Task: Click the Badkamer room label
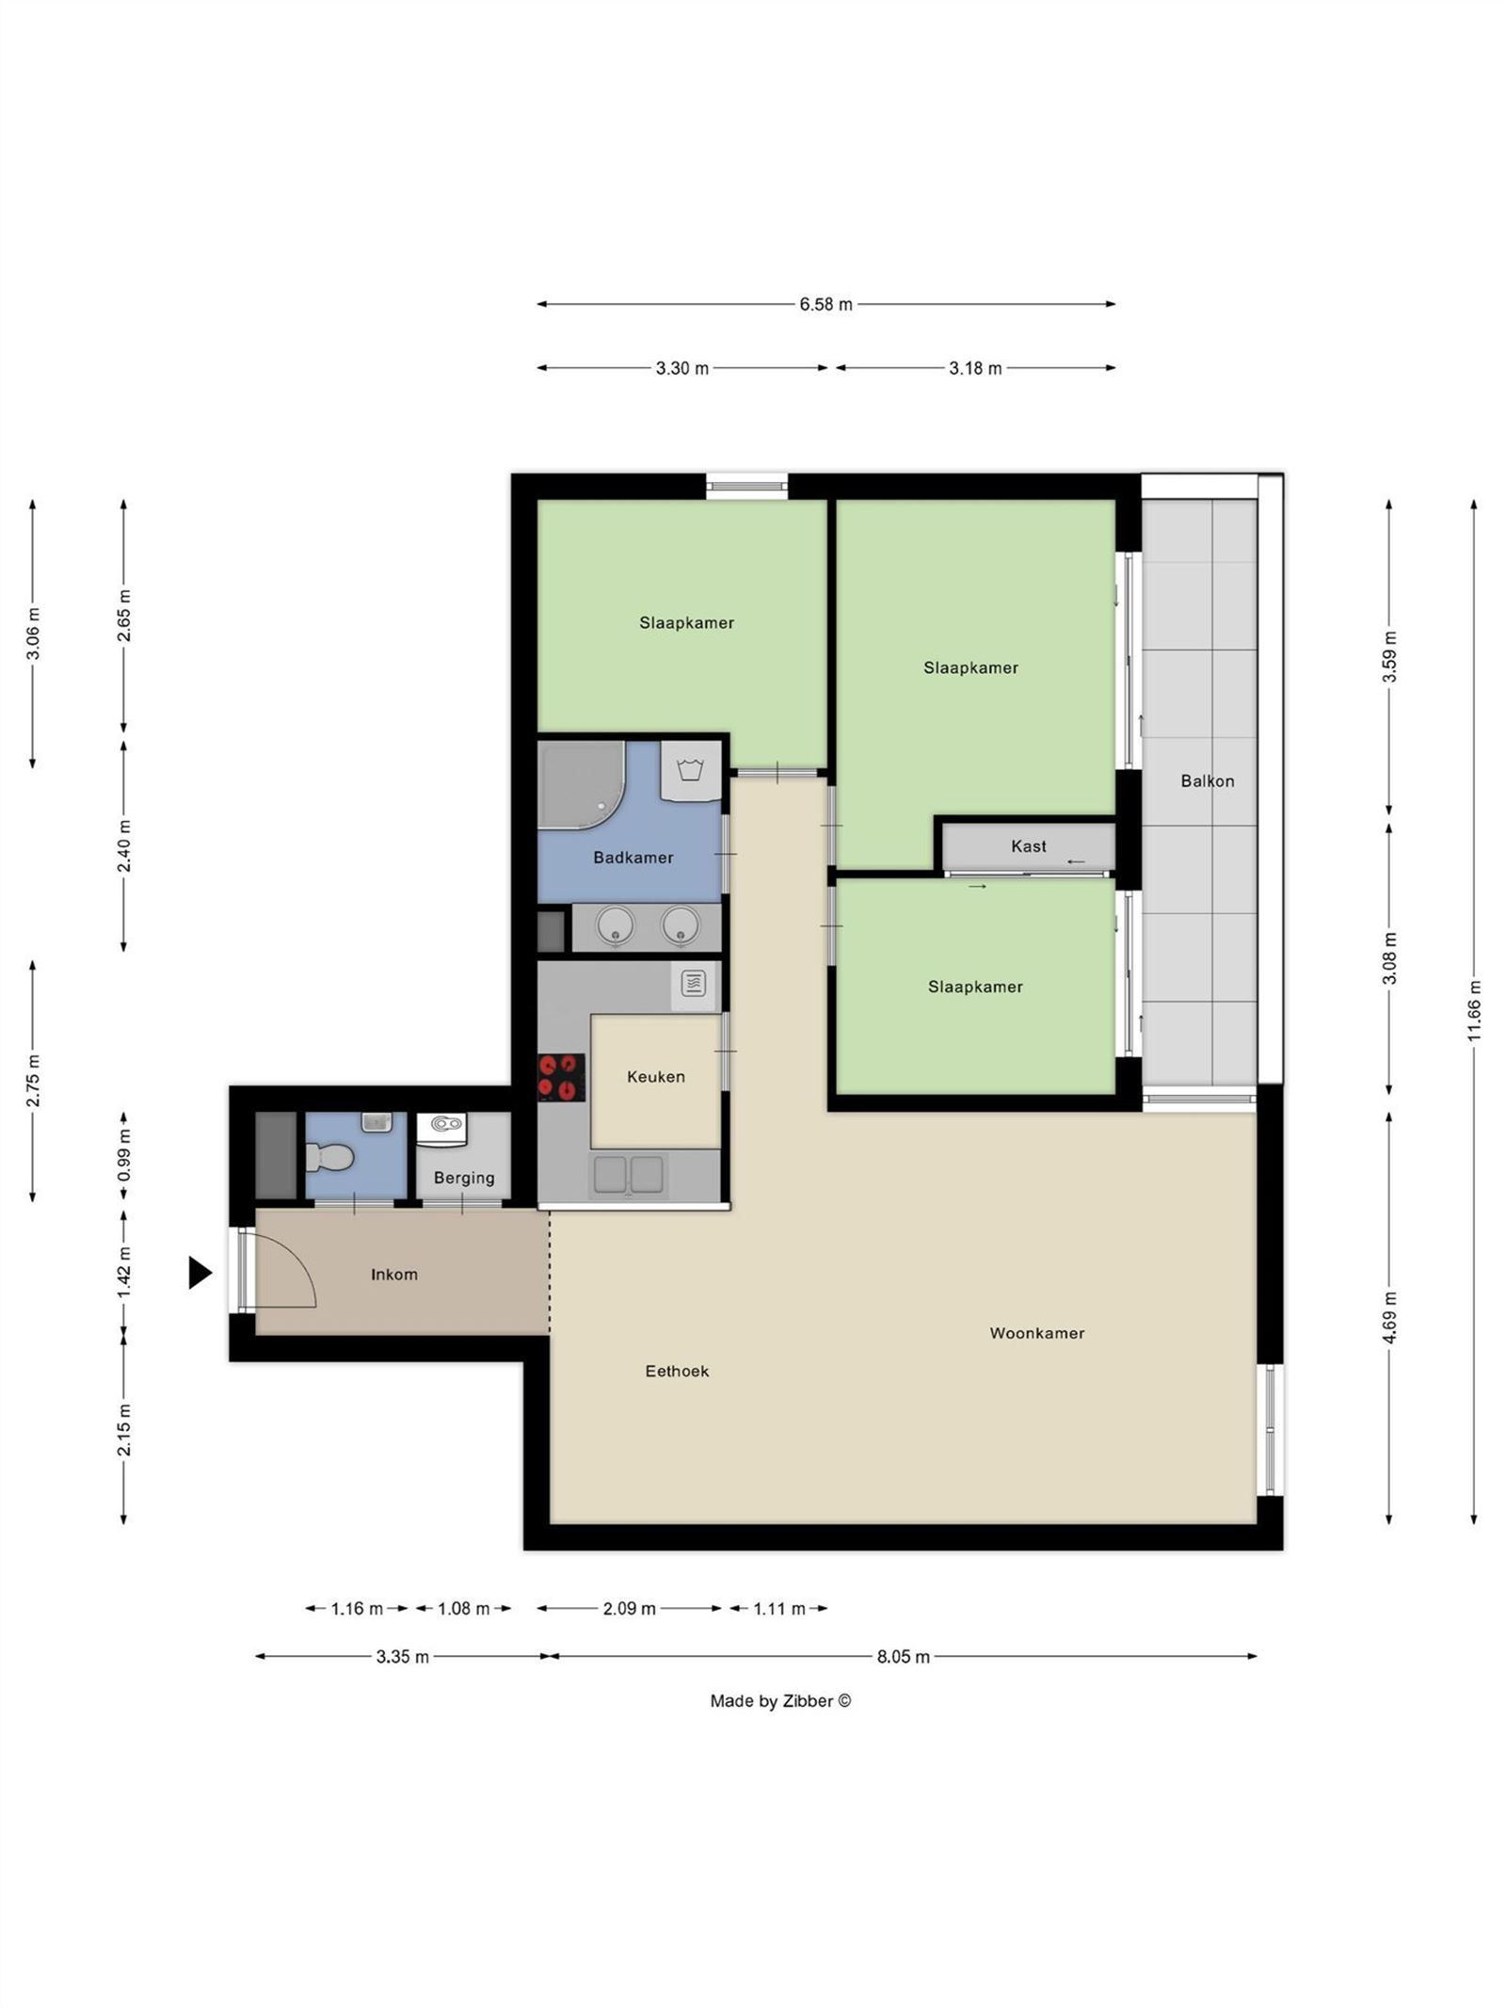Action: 633,858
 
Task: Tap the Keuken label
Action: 655,1076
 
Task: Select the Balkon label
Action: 1207,780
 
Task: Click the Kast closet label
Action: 1028,846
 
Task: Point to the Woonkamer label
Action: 1036,1333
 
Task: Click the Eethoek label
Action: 677,1371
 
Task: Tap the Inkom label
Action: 393,1274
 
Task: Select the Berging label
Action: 463,1178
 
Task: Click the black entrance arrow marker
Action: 199,1273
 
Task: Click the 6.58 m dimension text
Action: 825,304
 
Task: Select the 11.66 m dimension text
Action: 1474,1010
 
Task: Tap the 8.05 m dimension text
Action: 903,1657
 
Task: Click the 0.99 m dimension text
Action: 123,1154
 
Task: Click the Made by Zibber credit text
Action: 780,1701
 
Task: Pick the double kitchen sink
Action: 628,1175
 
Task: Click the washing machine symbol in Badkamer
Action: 691,770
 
